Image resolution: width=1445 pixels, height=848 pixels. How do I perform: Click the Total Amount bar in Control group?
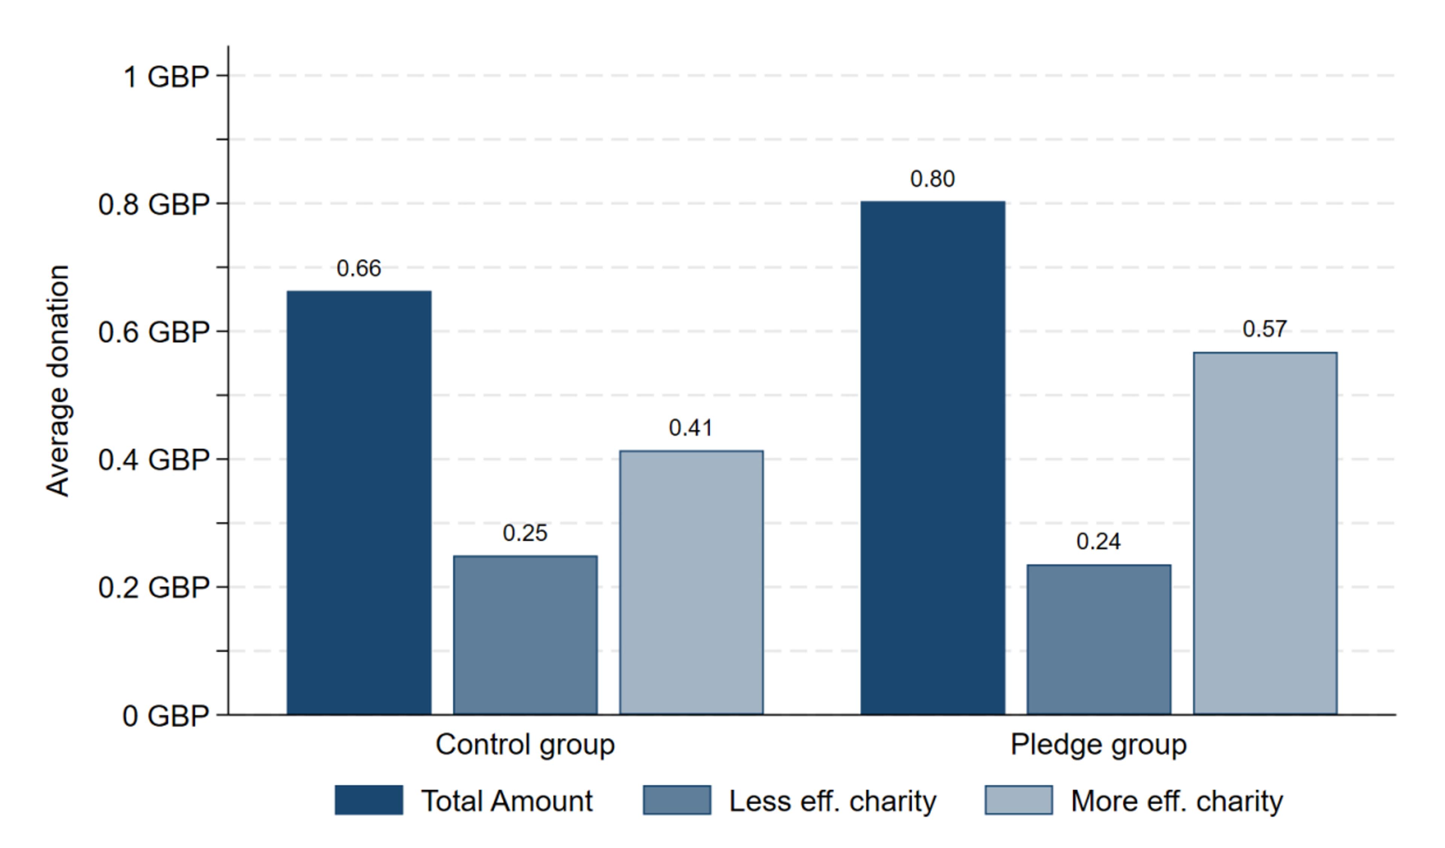pos(359,503)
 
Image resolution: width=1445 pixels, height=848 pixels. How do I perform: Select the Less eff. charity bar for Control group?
pos(525,635)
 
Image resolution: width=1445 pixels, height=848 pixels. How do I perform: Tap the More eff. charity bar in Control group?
pos(691,583)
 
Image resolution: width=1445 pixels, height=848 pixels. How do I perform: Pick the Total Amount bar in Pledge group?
pos(933,458)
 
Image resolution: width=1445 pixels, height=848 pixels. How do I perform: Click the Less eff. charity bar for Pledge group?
pos(1099,640)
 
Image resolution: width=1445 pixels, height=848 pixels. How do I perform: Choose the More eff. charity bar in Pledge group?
pos(1265,534)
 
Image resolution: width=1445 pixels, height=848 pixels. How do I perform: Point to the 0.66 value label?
pos(359,268)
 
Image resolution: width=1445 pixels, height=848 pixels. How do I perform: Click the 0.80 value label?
pos(933,179)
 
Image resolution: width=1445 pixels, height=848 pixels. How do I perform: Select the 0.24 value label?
pos(1099,541)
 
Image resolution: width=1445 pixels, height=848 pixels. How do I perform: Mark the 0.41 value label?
pos(691,428)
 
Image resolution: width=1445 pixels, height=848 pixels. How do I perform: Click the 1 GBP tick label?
pos(166,77)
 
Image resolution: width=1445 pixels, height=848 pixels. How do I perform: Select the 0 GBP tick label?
pos(165,717)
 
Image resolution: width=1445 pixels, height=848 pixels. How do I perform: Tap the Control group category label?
pos(525,745)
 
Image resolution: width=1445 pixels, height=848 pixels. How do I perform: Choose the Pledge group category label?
pos(1099,745)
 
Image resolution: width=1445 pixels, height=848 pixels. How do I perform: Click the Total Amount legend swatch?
pos(369,801)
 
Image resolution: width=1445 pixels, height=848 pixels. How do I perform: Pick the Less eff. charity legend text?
pos(833,801)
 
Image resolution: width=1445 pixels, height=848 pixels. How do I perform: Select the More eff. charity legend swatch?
pos(1019,801)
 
